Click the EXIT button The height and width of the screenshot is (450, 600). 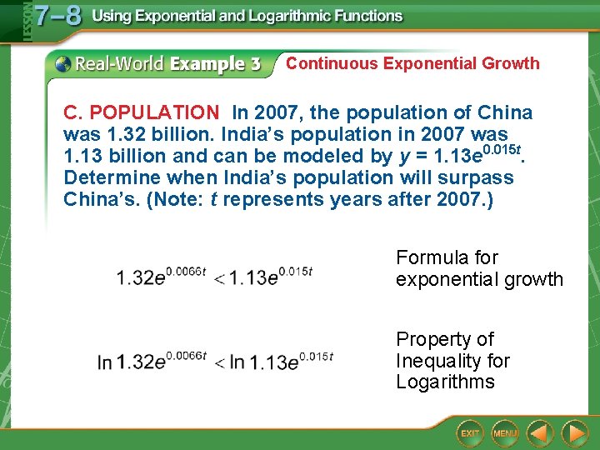tap(471, 433)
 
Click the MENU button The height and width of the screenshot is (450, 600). tap(504, 433)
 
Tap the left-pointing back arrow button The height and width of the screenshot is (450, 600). tap(540, 433)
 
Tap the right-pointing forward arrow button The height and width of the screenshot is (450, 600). tap(574, 433)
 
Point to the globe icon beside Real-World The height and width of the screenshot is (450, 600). tap(62, 64)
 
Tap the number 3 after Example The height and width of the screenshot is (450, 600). tap(254, 64)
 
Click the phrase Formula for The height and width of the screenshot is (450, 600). tap(447, 257)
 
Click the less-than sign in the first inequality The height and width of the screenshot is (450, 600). tap(220, 278)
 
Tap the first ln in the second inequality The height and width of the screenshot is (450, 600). tap(104, 362)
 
